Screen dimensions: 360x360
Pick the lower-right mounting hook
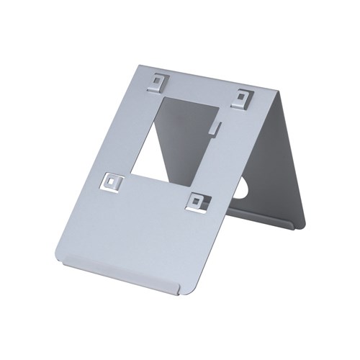(x=196, y=201)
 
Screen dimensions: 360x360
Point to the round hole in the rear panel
(x=240, y=189)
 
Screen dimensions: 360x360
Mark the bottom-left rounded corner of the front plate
(x=59, y=256)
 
